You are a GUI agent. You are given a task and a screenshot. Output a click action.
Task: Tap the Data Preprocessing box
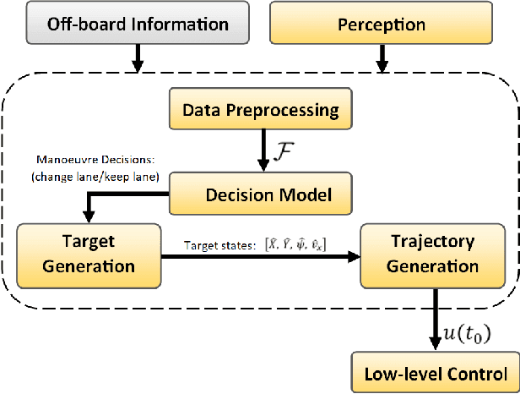(261, 110)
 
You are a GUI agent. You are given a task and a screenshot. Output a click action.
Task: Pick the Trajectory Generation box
(434, 253)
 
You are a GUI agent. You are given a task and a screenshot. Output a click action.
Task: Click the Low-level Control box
(436, 373)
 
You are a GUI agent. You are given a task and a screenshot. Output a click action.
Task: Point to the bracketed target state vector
(295, 245)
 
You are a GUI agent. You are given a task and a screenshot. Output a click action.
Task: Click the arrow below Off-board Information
(138, 57)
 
